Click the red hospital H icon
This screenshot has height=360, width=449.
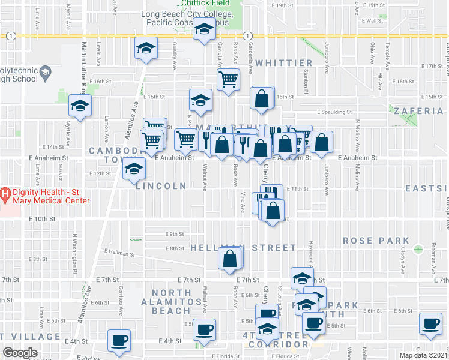click(5, 194)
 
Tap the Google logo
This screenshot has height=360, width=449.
click(20, 353)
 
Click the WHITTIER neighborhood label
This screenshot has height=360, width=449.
click(284, 63)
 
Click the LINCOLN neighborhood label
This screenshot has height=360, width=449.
click(161, 186)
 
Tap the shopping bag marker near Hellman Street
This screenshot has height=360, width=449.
click(229, 259)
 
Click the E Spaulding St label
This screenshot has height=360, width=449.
click(334, 112)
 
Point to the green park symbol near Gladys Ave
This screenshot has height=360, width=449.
click(418, 248)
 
